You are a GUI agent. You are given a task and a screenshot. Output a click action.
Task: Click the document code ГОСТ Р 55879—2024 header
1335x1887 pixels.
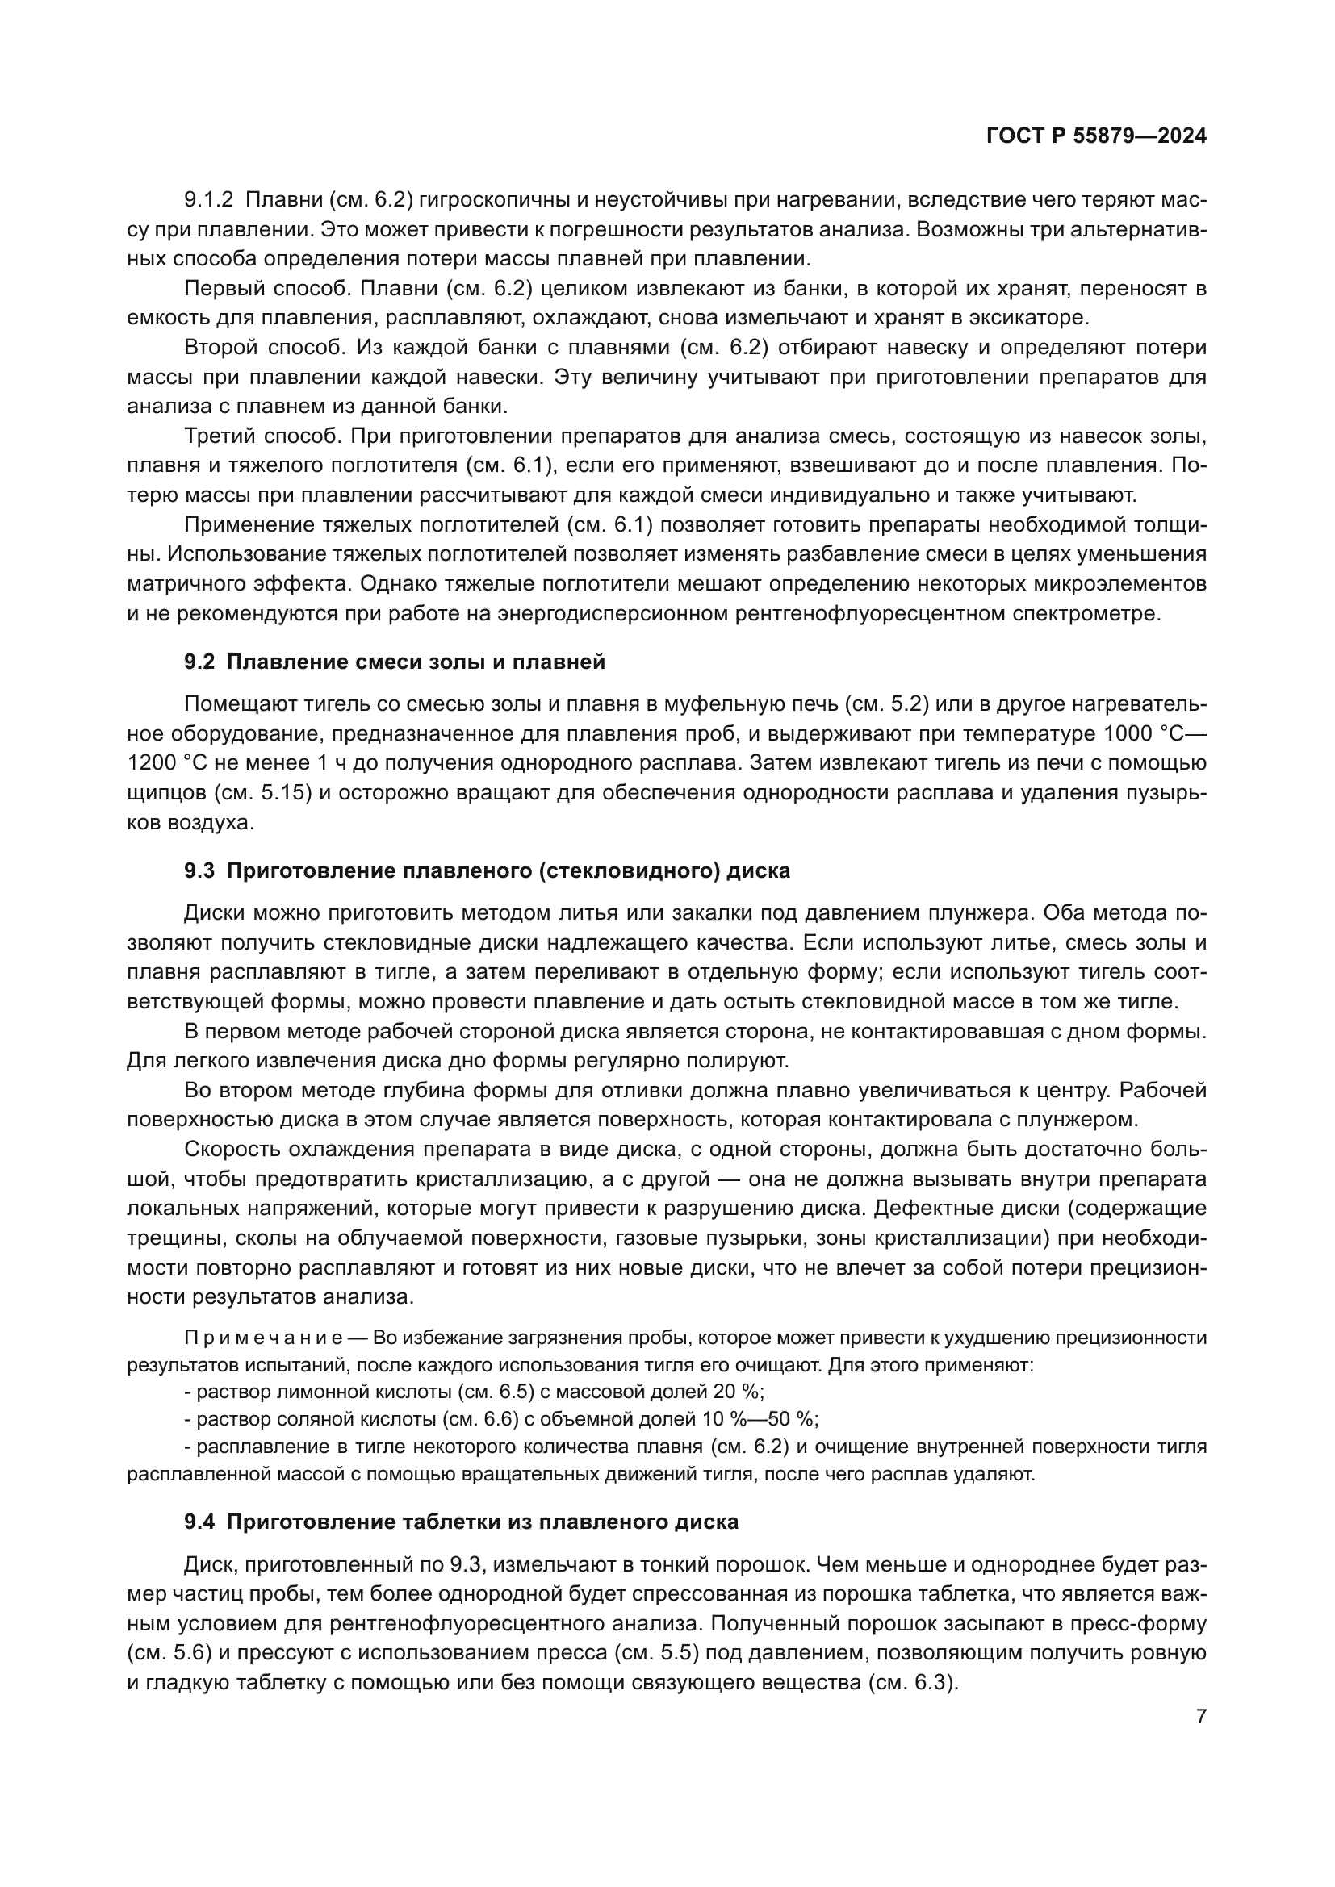pyautogui.click(x=1096, y=136)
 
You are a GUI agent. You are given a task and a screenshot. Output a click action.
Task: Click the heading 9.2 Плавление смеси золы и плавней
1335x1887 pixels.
pyautogui.click(x=395, y=662)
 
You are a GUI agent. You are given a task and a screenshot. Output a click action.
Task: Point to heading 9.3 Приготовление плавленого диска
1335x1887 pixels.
pyautogui.click(x=487, y=870)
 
